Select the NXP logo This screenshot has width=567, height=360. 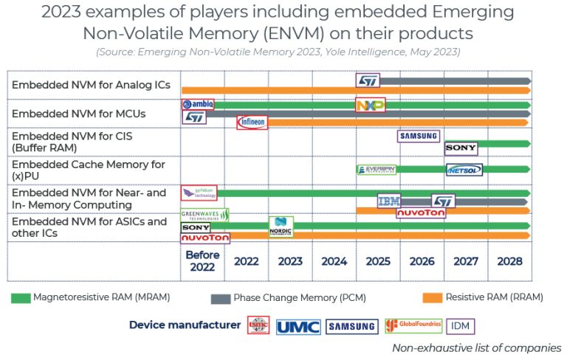coord(370,105)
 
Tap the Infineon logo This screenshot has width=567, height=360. coord(252,122)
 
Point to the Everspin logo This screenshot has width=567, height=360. coord(377,170)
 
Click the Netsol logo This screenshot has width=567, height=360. coord(464,170)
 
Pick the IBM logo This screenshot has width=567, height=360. coord(388,201)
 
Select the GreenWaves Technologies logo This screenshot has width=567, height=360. coord(205,215)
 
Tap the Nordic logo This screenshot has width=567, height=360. coord(281,226)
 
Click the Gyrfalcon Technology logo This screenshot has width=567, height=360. coord(199,193)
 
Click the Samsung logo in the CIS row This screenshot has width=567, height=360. coord(419,136)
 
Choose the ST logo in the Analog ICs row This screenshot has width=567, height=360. coord(368,80)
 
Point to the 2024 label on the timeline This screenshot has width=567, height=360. coord(334,261)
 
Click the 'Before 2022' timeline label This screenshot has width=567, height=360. coord(202,261)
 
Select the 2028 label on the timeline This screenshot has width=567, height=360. coord(509,261)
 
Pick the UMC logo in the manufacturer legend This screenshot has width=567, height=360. coord(298,325)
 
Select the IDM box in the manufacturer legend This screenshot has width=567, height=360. coord(462,325)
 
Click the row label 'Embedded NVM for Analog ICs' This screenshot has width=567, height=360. coord(91,85)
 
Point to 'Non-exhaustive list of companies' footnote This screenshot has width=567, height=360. coord(476,347)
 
